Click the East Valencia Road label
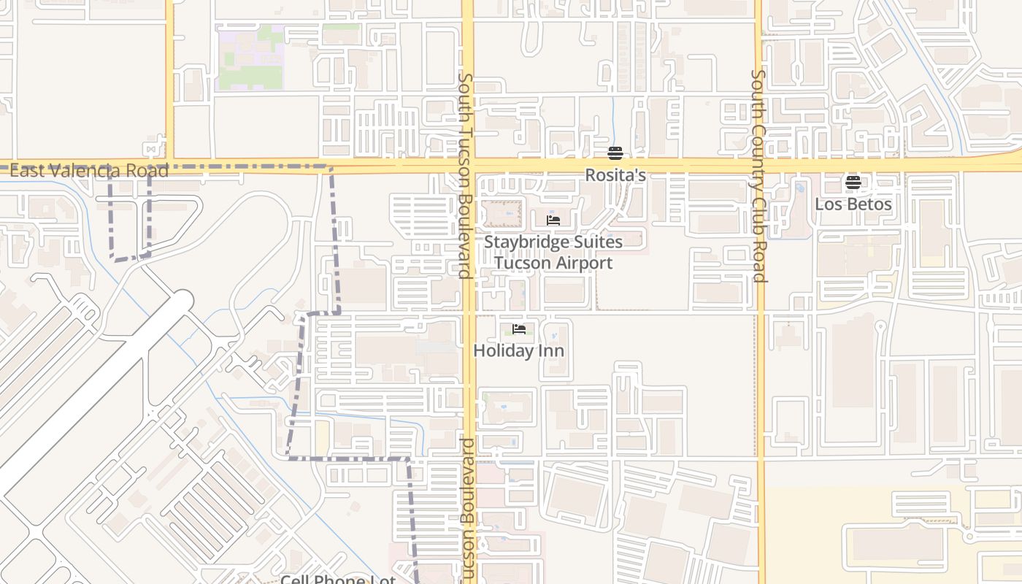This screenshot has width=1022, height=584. pos(89,171)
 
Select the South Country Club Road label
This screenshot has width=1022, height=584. pos(758,175)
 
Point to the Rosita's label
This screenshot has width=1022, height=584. pos(615,175)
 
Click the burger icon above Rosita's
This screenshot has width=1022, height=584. pos(615,153)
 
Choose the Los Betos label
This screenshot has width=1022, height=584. pos(853,204)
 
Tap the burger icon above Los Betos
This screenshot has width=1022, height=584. pos(853,182)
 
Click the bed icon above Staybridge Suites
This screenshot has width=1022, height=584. pos(553,220)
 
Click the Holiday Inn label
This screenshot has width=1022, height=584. pos(518,350)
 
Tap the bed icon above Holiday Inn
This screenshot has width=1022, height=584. pos(519,329)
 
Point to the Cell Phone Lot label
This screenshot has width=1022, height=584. pos(338,580)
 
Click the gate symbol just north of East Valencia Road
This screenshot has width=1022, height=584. pos(151,150)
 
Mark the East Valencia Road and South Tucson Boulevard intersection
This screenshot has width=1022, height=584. pos(468,166)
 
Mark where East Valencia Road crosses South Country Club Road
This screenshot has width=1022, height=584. pos(758,166)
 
